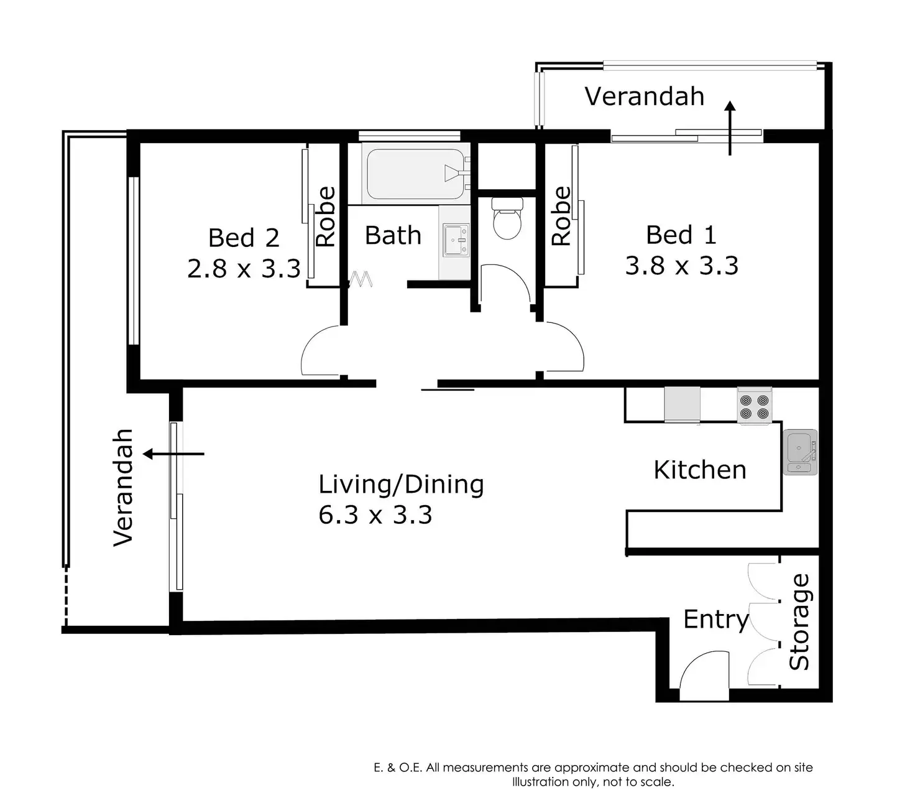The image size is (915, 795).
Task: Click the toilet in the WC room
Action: tap(507, 218)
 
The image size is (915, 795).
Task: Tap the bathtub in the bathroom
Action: tap(415, 174)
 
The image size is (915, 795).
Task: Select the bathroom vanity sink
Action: tap(456, 241)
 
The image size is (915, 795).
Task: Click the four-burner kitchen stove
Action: tap(754, 406)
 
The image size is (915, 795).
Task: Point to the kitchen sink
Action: tap(800, 452)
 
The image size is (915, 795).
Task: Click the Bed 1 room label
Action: tap(681, 235)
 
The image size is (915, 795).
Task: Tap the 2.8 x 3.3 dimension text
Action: tap(243, 269)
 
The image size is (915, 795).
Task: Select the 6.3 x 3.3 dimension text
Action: tap(375, 514)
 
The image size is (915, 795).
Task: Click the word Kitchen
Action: tap(700, 470)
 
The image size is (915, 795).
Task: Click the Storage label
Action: tap(799, 621)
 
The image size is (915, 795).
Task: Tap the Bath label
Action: tap(393, 235)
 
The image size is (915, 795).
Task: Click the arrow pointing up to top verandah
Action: tap(730, 128)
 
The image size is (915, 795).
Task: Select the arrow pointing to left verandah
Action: tap(173, 454)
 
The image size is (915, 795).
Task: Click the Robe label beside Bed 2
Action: tap(325, 216)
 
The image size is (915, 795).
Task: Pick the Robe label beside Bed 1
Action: tap(561, 216)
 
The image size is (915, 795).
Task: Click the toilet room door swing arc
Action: tap(519, 275)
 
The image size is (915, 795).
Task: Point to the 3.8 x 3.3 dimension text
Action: tap(681, 266)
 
